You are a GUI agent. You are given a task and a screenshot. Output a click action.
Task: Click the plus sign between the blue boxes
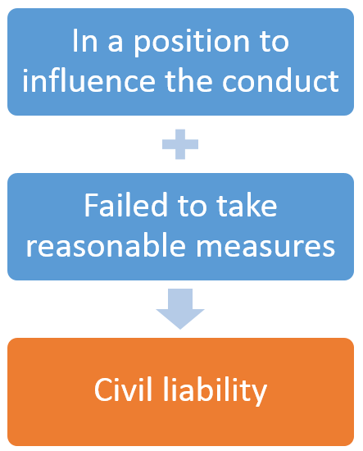[x=180, y=144]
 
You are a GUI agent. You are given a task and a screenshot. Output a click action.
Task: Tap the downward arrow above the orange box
[x=180, y=308]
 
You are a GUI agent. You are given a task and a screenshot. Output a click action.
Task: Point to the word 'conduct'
[x=280, y=80]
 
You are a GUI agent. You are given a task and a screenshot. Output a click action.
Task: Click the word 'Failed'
[x=125, y=205]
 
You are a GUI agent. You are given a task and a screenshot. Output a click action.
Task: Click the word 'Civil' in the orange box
[x=123, y=389]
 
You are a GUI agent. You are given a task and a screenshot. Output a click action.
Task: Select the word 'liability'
[x=216, y=390]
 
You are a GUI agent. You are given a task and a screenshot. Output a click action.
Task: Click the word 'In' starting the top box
[x=84, y=40]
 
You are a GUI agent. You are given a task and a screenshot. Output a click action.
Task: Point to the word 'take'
[x=247, y=205]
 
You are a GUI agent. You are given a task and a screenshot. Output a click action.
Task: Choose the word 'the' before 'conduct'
[x=188, y=80]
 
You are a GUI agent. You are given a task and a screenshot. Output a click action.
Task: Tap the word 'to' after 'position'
[x=275, y=42]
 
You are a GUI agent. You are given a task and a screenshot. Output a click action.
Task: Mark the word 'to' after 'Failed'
[x=192, y=206]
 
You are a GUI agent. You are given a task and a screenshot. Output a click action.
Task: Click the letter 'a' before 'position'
[x=116, y=44]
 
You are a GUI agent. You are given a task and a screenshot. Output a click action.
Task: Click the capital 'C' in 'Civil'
[x=103, y=389]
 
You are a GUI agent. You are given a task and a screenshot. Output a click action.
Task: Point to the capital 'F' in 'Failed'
[x=91, y=205]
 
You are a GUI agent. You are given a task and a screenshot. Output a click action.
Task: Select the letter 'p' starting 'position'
[x=143, y=46]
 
